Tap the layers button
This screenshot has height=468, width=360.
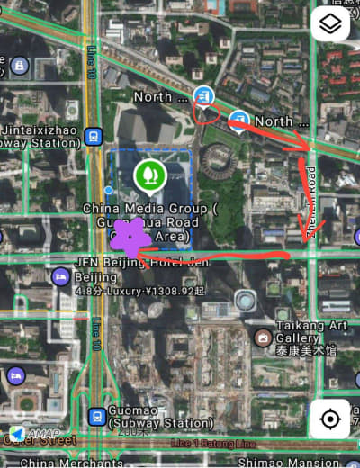pyautogui.click(x=330, y=24)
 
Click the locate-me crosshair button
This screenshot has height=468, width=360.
pyautogui.click(x=330, y=419)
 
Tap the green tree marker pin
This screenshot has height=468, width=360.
pyautogui.click(x=149, y=175)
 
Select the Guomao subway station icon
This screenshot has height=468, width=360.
pyautogui.click(x=96, y=418)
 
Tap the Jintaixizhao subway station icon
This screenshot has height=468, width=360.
pyautogui.click(x=93, y=136)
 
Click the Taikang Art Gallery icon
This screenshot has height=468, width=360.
pyautogui.click(x=263, y=338)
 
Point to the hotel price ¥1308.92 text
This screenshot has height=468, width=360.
pyautogui.click(x=175, y=291)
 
